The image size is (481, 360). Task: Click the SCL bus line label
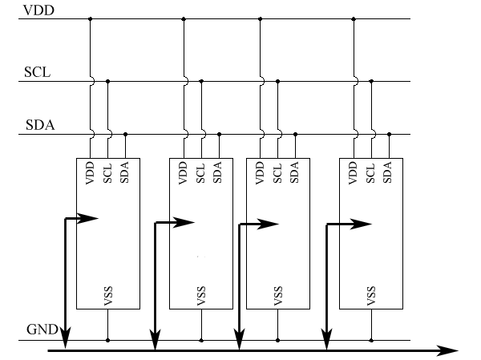[37, 73]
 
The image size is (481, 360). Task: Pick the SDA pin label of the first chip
[125, 172]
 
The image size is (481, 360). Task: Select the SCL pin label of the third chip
[277, 173]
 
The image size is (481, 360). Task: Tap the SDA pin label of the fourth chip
[389, 172]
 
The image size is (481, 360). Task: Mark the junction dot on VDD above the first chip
[90, 18]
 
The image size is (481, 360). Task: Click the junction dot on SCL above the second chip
[201, 80]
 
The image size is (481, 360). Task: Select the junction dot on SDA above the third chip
[295, 134]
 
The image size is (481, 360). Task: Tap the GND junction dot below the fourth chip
[371, 340]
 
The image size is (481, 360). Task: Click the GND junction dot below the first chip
[107, 340]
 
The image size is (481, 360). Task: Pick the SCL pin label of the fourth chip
[371, 173]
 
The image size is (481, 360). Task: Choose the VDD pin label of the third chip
[260, 173]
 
